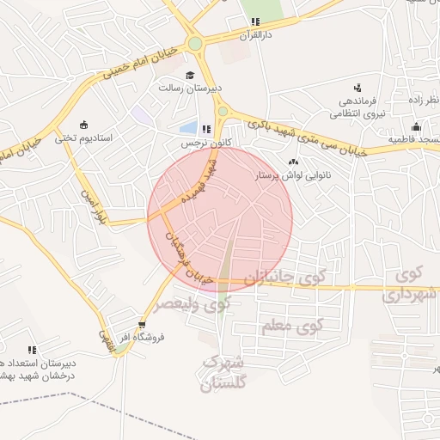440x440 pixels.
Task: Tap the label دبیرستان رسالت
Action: coord(190,88)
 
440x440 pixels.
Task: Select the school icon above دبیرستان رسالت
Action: coord(190,75)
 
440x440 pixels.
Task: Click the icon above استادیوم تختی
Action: coord(83,125)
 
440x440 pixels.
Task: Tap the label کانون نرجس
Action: coord(196,144)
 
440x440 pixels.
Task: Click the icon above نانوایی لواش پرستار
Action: coord(294,162)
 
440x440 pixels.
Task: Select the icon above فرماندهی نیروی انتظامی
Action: coord(357,87)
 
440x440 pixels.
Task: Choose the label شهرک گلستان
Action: coord(223,375)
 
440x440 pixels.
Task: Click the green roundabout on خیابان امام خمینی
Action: coord(195,43)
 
